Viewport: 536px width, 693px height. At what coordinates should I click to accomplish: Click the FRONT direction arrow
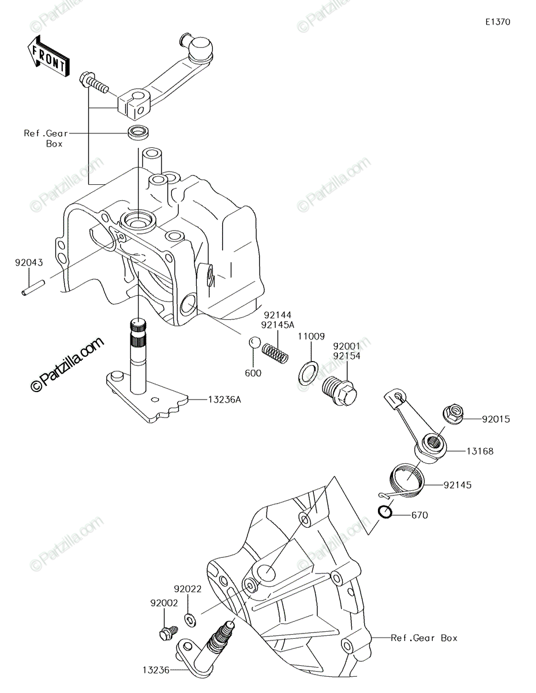point(48,57)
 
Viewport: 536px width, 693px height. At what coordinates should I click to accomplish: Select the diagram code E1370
point(498,22)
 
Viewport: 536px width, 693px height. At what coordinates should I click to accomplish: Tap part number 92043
point(29,262)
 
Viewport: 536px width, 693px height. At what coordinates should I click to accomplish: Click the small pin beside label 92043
point(33,288)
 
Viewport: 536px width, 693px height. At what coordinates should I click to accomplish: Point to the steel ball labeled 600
point(255,342)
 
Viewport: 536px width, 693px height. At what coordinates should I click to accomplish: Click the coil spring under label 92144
point(275,353)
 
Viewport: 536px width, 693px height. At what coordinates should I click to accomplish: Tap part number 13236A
point(224,399)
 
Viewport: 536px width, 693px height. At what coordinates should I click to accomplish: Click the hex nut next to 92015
point(453,413)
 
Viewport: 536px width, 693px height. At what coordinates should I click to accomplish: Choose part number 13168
point(480,451)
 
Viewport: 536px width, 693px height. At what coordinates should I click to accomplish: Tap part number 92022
point(188,589)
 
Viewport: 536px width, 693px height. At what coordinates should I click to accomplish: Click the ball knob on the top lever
point(200,49)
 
